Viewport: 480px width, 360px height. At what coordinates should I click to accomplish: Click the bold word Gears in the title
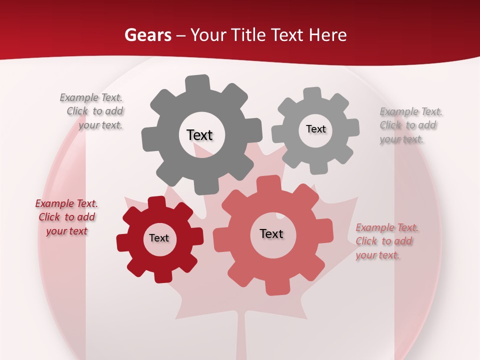[147, 35]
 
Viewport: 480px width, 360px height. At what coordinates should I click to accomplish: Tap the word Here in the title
[328, 35]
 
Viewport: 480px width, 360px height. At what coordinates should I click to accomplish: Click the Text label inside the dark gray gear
[199, 135]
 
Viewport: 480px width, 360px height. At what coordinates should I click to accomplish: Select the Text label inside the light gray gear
[315, 129]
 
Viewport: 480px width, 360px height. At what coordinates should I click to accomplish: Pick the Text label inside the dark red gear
[159, 238]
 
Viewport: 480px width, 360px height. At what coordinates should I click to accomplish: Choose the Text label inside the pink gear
[271, 233]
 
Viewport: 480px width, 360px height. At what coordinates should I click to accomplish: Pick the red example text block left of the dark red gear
[66, 217]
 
